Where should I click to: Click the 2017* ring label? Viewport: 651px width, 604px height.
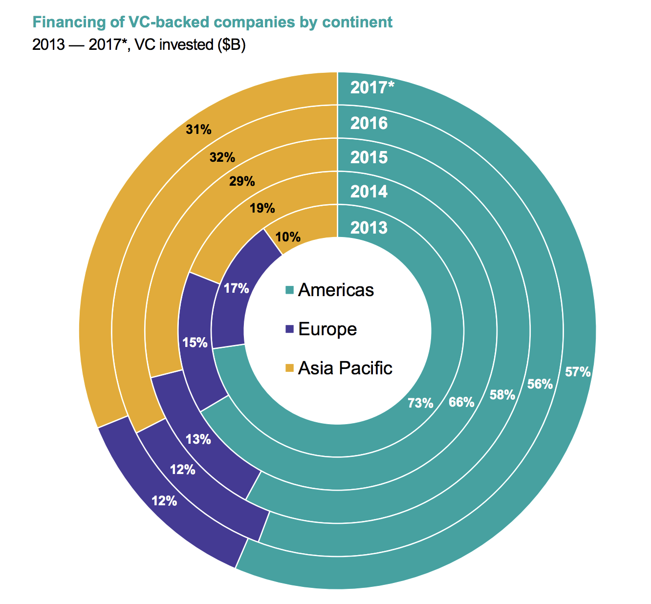[372, 88]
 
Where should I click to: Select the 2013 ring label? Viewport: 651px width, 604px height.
[369, 228]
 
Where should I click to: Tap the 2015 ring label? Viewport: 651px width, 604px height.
[369, 157]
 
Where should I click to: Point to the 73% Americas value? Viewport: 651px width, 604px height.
[421, 403]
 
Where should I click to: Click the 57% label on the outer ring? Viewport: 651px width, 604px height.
[578, 372]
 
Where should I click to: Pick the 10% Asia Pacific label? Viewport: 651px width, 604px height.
[288, 237]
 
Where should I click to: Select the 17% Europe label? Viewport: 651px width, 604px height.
[237, 289]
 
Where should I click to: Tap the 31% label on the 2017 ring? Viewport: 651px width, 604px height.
[198, 129]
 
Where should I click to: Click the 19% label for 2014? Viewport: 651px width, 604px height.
[262, 209]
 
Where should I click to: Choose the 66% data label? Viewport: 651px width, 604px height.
[461, 402]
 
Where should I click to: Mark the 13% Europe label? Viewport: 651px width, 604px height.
[198, 439]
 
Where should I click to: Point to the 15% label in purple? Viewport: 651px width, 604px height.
[195, 343]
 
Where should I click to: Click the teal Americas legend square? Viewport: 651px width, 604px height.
[290, 290]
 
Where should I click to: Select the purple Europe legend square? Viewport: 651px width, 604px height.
[290, 329]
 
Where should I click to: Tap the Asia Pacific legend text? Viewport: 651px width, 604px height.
[345, 368]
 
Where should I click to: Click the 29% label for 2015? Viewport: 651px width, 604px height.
[242, 181]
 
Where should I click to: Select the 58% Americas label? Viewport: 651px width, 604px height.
[502, 395]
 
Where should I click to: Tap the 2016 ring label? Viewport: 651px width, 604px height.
[369, 123]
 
